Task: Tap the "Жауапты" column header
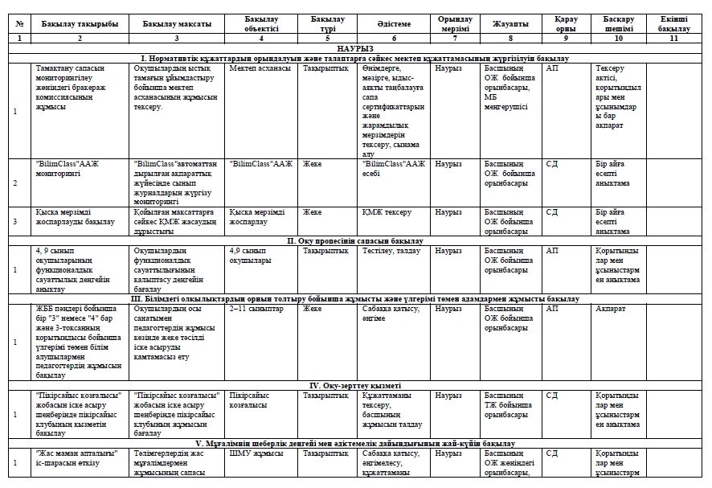click(x=510, y=24)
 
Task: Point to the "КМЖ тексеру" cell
click(x=387, y=212)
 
